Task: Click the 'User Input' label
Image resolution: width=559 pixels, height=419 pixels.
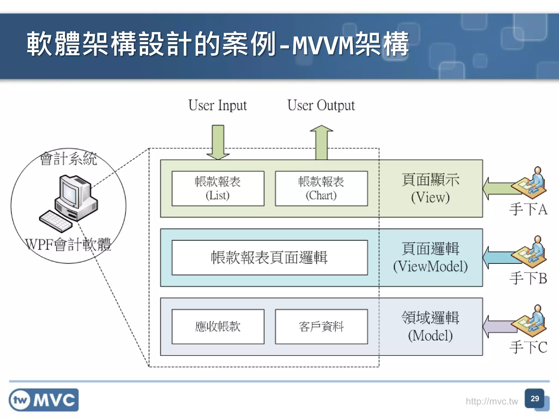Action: [x=218, y=106]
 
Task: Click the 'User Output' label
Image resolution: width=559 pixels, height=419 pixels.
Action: [x=321, y=106]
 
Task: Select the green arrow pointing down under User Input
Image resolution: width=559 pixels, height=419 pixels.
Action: [x=218, y=142]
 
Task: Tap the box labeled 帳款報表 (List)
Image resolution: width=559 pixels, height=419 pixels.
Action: [x=218, y=188]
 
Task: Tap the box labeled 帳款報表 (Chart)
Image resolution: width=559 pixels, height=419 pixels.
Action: [x=321, y=188]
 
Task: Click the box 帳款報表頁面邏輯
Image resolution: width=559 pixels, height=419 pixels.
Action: [x=269, y=258]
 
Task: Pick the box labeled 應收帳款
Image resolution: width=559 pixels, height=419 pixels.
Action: [x=218, y=327]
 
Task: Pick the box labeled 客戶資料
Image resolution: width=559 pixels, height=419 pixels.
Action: [x=321, y=327]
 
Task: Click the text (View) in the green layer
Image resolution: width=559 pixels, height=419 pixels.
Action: [x=430, y=197]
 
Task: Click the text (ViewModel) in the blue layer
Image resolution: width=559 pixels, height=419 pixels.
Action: [x=430, y=267]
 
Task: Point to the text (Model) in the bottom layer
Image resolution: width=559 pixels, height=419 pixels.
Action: [x=430, y=336]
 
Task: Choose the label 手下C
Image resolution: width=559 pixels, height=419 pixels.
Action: [x=528, y=347]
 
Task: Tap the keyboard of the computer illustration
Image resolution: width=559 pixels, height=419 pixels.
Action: [x=56, y=221]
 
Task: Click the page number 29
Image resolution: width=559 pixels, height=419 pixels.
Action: [x=535, y=399]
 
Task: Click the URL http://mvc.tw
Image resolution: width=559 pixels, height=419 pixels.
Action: [x=492, y=401]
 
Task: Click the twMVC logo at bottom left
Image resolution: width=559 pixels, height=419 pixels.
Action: [x=44, y=400]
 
